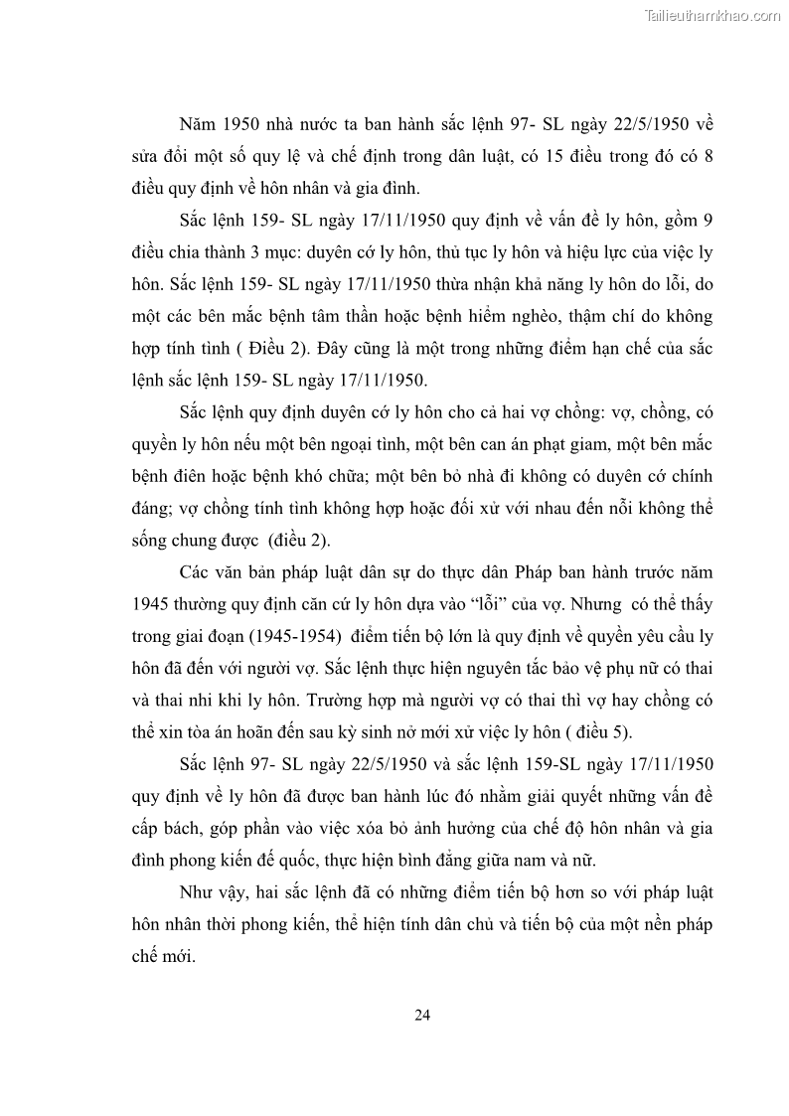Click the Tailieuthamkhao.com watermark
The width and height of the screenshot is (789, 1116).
point(712,15)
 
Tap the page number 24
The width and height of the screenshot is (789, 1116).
point(421,1015)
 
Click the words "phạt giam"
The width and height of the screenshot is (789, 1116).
point(578,444)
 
